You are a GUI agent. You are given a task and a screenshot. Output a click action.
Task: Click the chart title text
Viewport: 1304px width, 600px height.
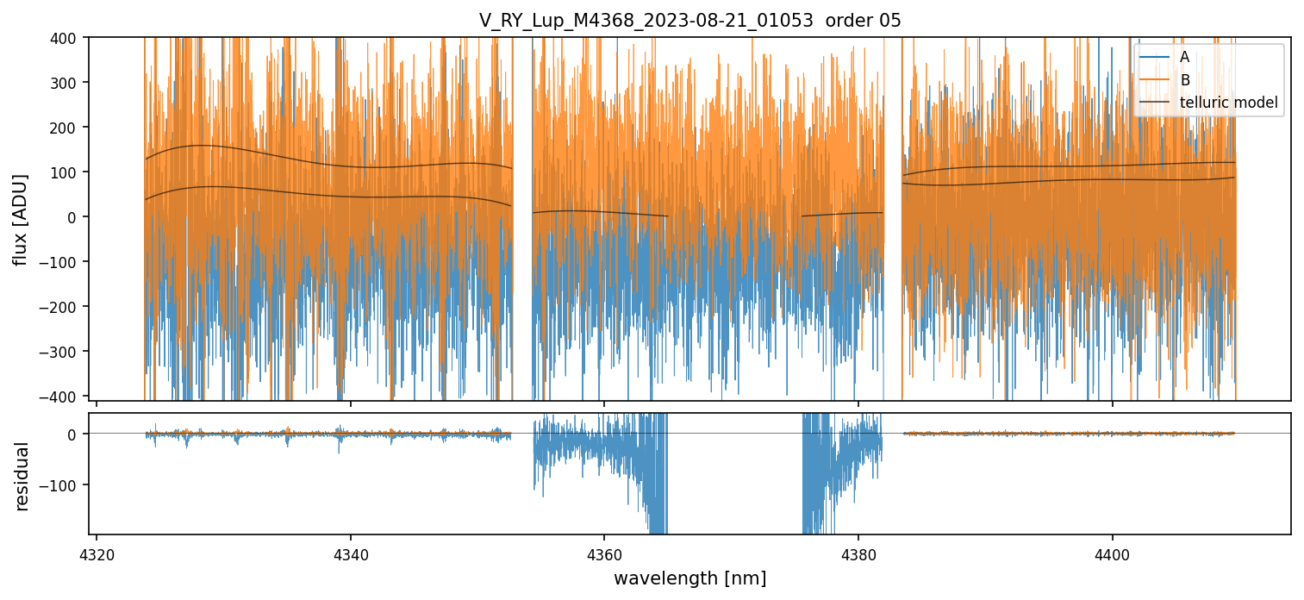click(689, 21)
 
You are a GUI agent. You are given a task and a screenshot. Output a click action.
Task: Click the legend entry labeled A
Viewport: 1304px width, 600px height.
click(1184, 57)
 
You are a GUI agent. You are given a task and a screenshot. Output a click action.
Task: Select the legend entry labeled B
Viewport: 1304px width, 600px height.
click(1184, 80)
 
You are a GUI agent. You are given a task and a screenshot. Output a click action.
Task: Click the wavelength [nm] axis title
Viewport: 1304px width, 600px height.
click(689, 578)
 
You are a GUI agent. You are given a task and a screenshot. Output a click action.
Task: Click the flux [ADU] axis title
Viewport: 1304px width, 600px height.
click(21, 219)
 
